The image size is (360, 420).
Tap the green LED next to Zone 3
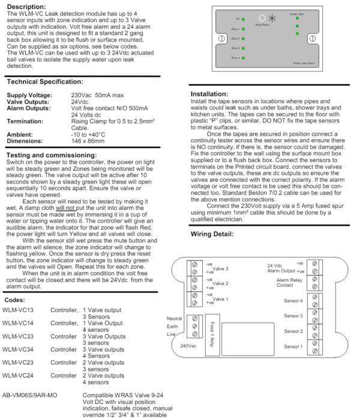pyautogui.click(x=244, y=48)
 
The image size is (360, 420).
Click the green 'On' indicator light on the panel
pyautogui.click(x=244, y=19)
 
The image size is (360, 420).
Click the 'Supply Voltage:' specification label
pyautogui.click(x=29, y=95)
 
